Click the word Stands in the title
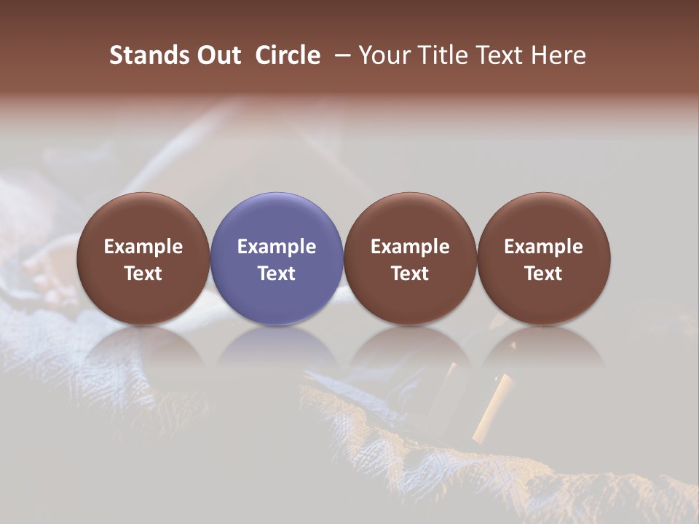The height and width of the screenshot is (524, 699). pos(149,55)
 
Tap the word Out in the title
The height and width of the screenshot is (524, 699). pos(218,55)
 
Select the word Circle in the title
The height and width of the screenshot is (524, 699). pos(288,55)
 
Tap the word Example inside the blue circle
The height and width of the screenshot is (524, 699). pos(277,247)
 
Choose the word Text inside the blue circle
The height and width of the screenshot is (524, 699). pos(277,274)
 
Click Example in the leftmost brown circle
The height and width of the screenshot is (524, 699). pos(143,247)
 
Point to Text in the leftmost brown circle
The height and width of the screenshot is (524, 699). pos(143,274)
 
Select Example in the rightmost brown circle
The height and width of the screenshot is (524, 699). pos(543,247)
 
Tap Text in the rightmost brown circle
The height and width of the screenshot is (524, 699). pos(543,274)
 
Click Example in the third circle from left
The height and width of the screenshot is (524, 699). pos(410,247)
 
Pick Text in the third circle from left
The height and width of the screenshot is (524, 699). pos(410,274)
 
